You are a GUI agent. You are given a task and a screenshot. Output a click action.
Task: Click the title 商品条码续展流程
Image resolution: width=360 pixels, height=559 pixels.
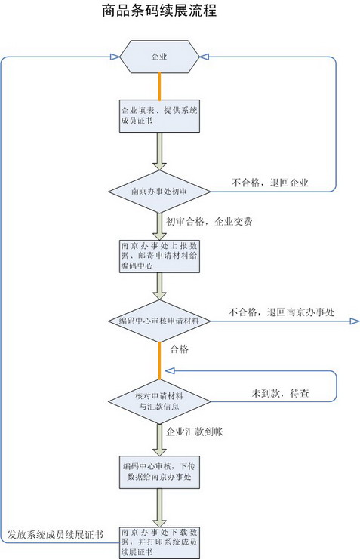click(x=159, y=11)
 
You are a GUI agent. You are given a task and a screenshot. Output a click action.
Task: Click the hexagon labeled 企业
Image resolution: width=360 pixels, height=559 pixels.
click(x=159, y=57)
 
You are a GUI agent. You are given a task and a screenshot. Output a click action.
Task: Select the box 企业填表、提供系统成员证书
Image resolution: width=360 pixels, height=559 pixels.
click(x=159, y=116)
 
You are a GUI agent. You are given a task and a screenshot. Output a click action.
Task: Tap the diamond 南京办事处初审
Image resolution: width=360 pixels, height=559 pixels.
click(x=159, y=192)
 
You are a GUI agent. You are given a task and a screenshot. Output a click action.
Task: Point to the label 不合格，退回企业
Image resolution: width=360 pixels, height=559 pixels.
click(x=269, y=183)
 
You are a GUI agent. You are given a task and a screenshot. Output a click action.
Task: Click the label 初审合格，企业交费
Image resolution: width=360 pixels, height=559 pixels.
click(x=209, y=222)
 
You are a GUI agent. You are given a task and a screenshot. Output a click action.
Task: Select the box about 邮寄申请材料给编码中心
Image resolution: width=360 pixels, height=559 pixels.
click(x=159, y=256)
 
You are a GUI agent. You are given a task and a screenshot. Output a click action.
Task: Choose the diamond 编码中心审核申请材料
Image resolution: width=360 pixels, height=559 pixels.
click(x=159, y=321)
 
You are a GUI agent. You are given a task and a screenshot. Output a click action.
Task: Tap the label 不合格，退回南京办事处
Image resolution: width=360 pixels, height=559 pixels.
click(x=282, y=312)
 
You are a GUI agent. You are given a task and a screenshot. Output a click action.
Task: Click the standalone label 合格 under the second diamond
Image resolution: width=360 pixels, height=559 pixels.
click(x=180, y=349)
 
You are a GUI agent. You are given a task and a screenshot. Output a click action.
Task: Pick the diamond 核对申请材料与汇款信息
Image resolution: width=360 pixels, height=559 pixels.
click(x=159, y=401)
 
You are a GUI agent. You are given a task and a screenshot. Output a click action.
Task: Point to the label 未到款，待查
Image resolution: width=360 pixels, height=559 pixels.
click(x=281, y=394)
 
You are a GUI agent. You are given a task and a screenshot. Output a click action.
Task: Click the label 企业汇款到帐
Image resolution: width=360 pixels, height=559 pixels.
click(x=195, y=432)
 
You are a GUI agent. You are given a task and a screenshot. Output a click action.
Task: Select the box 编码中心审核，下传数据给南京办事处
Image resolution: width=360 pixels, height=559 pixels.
click(x=159, y=472)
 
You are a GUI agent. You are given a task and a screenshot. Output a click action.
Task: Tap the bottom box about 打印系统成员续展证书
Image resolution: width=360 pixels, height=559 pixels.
click(x=159, y=542)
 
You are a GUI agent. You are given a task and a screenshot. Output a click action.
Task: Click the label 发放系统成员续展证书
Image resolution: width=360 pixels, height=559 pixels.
click(x=56, y=535)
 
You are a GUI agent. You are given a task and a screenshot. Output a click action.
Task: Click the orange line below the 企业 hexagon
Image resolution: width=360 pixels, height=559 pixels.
click(x=159, y=87)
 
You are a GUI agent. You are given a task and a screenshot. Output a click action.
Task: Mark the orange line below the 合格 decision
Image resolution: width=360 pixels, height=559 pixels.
click(x=159, y=361)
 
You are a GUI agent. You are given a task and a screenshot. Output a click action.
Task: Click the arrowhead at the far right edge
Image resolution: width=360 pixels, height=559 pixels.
click(x=355, y=321)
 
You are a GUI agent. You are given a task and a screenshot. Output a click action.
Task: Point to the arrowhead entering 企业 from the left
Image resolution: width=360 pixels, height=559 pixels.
click(x=115, y=57)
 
